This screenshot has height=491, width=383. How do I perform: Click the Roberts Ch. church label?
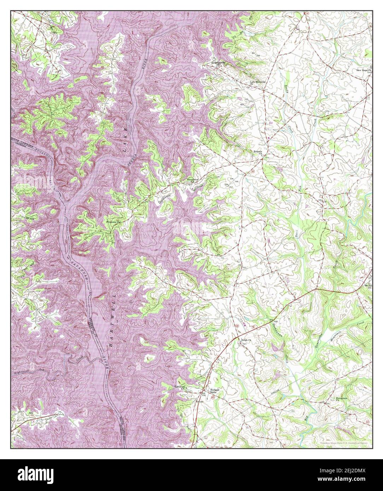(x=257, y=152)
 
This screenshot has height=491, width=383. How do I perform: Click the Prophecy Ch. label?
(x=114, y=222)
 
